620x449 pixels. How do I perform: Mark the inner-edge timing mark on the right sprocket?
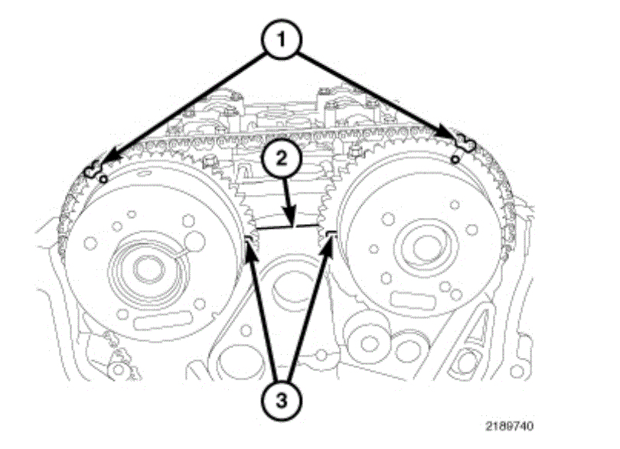coord(331,234)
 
